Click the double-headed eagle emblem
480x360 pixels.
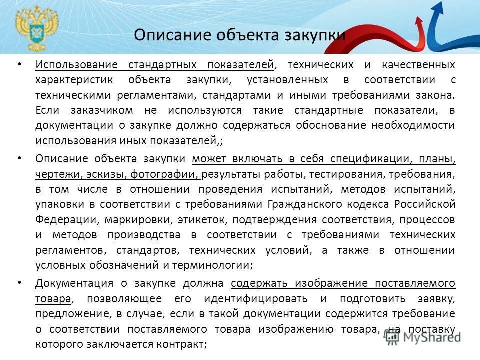coord(36,27)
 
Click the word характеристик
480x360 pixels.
coord(74,80)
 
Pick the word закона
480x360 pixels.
coord(438,95)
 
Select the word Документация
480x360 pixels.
coord(74,283)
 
